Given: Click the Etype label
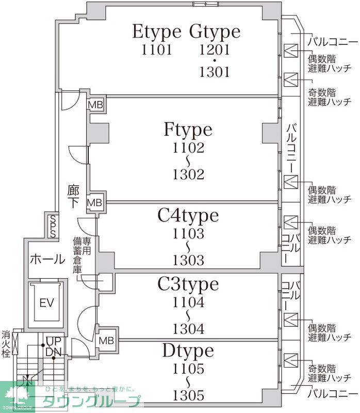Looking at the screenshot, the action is click(x=157, y=32).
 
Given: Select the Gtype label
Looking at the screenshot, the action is click(x=215, y=32).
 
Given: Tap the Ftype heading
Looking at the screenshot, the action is click(x=188, y=130).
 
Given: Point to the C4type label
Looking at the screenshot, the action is click(x=188, y=216).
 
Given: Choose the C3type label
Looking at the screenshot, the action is click(x=188, y=285).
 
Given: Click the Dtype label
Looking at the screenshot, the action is click(x=188, y=351).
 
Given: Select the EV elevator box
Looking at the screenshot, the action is click(x=47, y=303).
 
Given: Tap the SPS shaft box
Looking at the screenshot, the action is click(x=53, y=227).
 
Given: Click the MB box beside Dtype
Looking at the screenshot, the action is click(x=106, y=341).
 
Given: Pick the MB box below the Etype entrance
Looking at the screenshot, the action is click(x=95, y=105).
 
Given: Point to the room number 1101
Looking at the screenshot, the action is click(x=157, y=50).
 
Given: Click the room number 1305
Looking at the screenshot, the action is click(x=188, y=395).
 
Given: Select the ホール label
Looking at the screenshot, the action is click(x=47, y=259).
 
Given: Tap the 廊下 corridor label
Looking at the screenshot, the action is click(x=73, y=197).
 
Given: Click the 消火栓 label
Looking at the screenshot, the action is click(x=6, y=344).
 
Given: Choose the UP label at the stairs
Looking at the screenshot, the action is click(x=54, y=341).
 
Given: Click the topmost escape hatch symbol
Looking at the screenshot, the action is click(x=291, y=51).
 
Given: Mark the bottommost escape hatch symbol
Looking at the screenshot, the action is click(x=291, y=360).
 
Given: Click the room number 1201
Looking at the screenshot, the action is click(x=215, y=50).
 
